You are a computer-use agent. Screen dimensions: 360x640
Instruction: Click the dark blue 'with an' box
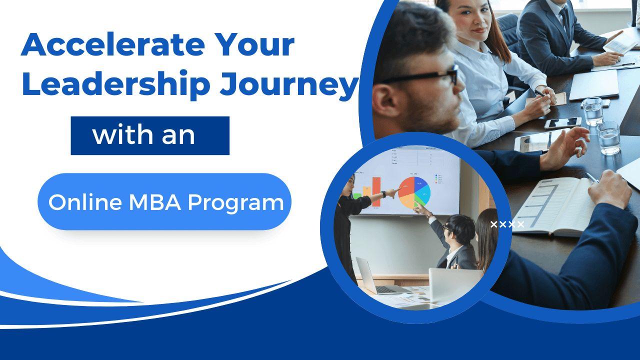(x=150, y=135)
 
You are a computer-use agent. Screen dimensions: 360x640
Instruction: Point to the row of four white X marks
(x=507, y=224)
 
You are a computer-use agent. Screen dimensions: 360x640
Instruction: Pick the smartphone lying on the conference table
(x=562, y=123)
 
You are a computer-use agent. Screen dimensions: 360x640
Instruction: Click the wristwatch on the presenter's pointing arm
(x=383, y=194)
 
